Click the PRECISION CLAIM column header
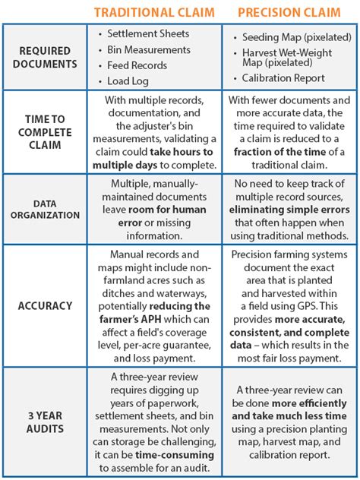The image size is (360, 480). [x=289, y=12]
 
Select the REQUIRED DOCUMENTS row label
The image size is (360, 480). [x=45, y=56]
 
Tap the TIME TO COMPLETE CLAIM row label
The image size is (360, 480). [x=45, y=132]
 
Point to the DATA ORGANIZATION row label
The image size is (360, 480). [x=45, y=209]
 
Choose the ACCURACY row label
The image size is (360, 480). [x=45, y=305]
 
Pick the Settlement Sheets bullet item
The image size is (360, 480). [x=147, y=34]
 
